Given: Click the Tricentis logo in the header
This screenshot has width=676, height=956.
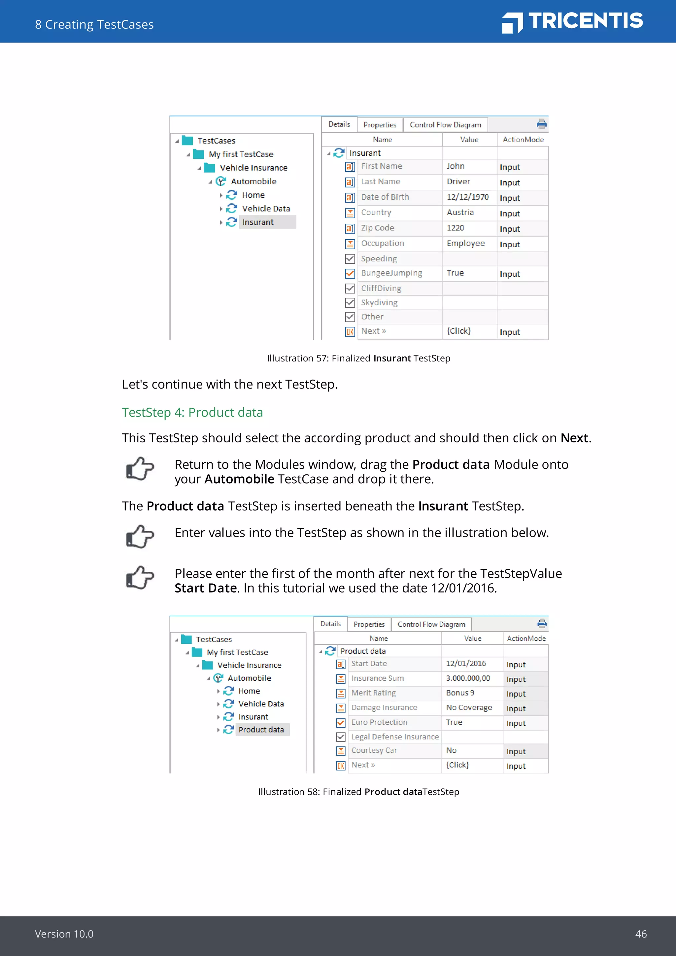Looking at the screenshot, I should (x=572, y=22).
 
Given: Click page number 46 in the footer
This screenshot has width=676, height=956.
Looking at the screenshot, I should (x=641, y=934).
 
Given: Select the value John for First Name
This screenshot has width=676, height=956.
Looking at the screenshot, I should (x=456, y=166).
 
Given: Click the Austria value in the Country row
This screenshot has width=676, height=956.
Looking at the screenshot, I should (x=460, y=212).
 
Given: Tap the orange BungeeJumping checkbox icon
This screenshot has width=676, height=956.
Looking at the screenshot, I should (x=350, y=274).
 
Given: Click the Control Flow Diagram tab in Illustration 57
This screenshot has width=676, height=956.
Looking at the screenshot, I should (x=445, y=124).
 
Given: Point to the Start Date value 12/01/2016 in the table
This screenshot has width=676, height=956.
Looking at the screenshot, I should (x=466, y=663).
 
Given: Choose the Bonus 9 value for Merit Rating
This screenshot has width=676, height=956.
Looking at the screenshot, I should (x=460, y=693).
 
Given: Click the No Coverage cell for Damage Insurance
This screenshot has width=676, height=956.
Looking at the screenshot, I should (x=469, y=707).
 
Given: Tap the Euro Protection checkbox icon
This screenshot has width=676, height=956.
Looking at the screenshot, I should (x=341, y=722).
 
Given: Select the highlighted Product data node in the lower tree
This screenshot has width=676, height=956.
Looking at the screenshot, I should (x=261, y=730).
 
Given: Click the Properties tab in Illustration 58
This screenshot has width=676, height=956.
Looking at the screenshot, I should (x=369, y=624).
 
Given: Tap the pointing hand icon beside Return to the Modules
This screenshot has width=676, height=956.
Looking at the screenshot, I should (x=140, y=469).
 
